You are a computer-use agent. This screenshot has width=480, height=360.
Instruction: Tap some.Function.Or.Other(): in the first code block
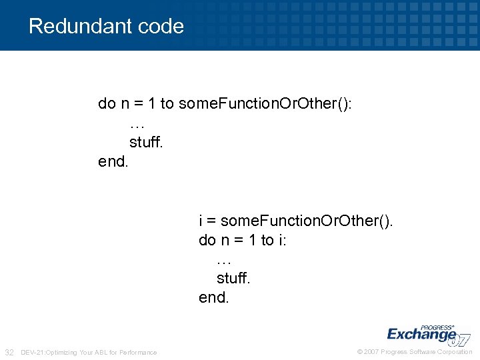[266, 103]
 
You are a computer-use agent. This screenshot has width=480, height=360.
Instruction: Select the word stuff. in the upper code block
[146, 142]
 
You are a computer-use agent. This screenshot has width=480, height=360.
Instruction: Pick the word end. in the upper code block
[113, 161]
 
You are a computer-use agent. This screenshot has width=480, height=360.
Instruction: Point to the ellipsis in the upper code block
[137, 123]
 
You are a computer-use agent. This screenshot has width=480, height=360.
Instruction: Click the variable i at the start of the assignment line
[201, 221]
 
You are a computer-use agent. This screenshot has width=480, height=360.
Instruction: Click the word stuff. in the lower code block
[233, 279]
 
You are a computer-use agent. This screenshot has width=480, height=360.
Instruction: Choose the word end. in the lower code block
[213, 298]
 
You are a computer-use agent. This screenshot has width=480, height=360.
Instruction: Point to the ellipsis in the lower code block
[225, 259]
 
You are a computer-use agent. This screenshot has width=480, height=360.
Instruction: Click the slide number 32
[10, 352]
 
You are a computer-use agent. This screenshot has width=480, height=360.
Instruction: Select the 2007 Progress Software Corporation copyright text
[415, 352]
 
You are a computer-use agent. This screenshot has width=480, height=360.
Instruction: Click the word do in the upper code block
[107, 103]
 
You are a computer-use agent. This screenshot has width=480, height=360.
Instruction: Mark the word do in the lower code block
[207, 240]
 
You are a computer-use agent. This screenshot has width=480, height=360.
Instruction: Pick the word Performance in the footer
[139, 352]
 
